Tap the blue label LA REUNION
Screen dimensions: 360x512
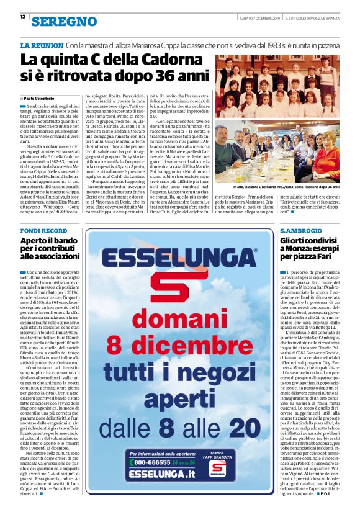[42, 46]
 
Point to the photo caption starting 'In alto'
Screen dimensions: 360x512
[286, 187]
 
